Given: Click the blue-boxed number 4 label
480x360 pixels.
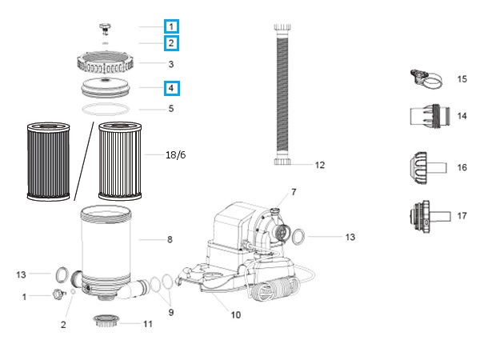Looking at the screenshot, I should [170, 88].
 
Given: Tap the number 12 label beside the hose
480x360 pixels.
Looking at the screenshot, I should [319, 166].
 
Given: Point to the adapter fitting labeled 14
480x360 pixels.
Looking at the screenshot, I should [429, 116].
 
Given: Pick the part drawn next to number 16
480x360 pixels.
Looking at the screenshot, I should [425, 167].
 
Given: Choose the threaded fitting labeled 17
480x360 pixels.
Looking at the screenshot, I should [425, 215].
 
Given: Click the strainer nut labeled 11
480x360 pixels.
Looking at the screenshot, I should [106, 322].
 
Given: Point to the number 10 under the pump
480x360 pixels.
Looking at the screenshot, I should [235, 314].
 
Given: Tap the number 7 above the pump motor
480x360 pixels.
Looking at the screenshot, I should [293, 192].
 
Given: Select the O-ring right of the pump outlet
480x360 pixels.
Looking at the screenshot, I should [297, 237].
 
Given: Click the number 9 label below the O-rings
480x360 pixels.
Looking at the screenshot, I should [170, 312].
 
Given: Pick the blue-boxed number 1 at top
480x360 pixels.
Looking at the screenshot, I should [170, 26].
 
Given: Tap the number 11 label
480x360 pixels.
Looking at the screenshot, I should [147, 324].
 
